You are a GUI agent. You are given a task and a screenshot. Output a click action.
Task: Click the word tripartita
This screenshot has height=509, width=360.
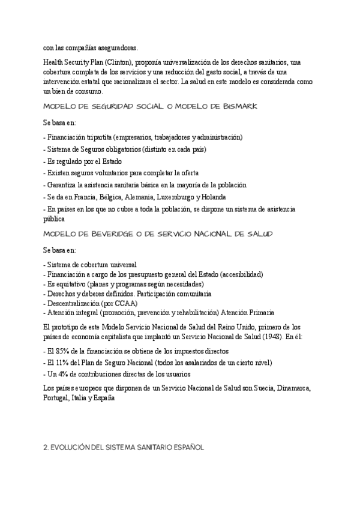98,137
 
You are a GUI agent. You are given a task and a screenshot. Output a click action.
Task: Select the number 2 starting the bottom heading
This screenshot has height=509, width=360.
46,447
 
